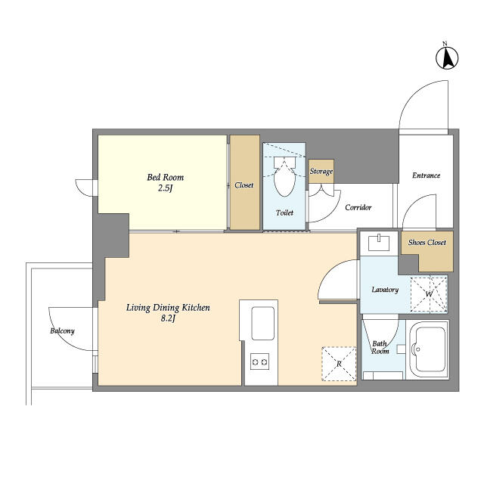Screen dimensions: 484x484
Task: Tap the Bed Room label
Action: pyautogui.click(x=165, y=178)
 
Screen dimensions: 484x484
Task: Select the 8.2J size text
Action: pyautogui.click(x=168, y=318)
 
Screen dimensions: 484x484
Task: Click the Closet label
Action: pyautogui.click(x=244, y=185)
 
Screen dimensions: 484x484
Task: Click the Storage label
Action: pyautogui.click(x=321, y=172)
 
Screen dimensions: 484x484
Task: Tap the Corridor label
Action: pyautogui.click(x=358, y=207)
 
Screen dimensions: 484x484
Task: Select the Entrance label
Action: pyautogui.click(x=426, y=175)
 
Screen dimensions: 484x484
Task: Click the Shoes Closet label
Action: pyautogui.click(x=427, y=243)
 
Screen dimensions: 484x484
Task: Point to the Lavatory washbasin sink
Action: pyautogui.click(x=379, y=243)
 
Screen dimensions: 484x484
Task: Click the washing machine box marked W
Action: pyautogui.click(x=429, y=294)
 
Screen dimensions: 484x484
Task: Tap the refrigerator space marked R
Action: pyautogui.click(x=339, y=364)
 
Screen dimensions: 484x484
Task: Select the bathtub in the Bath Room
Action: pyautogui.click(x=428, y=349)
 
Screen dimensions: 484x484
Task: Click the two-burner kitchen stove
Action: pyautogui.click(x=259, y=361)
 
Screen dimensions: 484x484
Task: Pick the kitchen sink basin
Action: pyautogui.click(x=262, y=323)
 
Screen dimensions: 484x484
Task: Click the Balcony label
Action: pyautogui.click(x=62, y=331)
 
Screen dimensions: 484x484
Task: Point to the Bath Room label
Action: pyautogui.click(x=380, y=347)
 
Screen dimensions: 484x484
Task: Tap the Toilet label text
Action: pyautogui.click(x=284, y=213)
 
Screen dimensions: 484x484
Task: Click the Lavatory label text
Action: pyautogui.click(x=385, y=290)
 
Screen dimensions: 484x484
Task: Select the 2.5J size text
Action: pyautogui.click(x=166, y=188)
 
